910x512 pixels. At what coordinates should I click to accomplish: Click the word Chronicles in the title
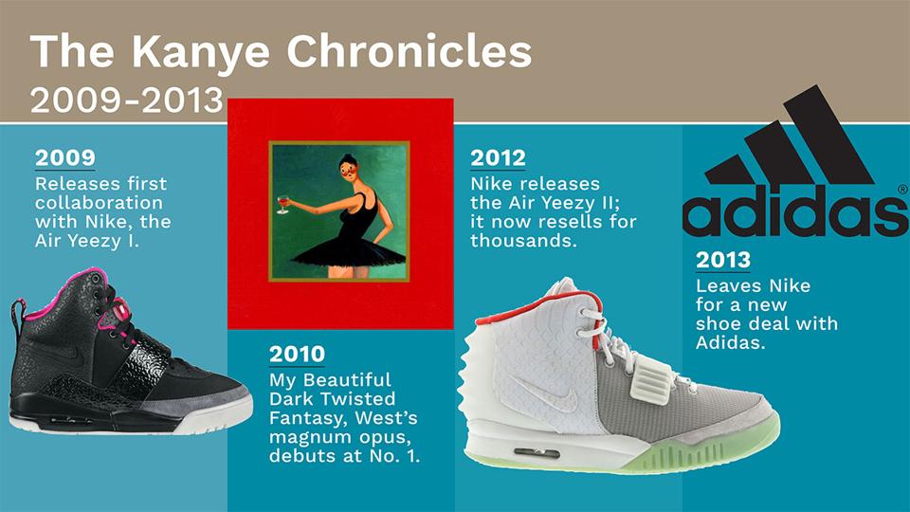[x=409, y=51]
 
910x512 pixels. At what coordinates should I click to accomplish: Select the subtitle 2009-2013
[x=126, y=100]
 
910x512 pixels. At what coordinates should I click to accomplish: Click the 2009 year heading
[x=65, y=158]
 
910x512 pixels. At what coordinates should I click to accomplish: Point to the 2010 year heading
[x=297, y=354]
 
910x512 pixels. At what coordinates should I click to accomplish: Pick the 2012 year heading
[x=498, y=158]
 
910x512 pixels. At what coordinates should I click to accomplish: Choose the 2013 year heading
[x=723, y=260]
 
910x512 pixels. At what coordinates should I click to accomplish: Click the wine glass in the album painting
[x=282, y=205]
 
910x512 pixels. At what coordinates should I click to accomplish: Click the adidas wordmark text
[x=795, y=210]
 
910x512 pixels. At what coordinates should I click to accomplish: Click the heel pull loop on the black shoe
[x=19, y=317]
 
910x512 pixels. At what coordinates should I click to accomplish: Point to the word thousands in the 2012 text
[x=523, y=240]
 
